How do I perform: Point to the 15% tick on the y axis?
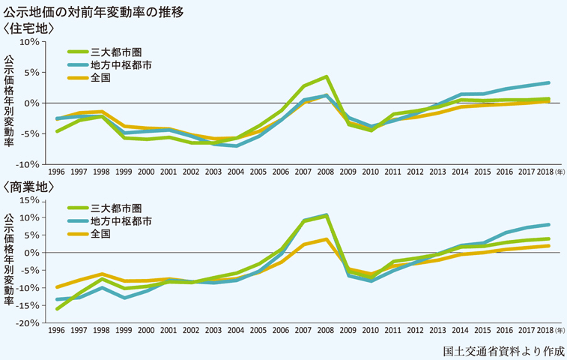tap(29, 200)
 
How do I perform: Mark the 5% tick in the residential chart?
tap(31, 72)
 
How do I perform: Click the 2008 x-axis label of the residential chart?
tap(326, 172)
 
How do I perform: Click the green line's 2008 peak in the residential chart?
tap(327, 77)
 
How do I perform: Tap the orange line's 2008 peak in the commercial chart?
tap(327, 239)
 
